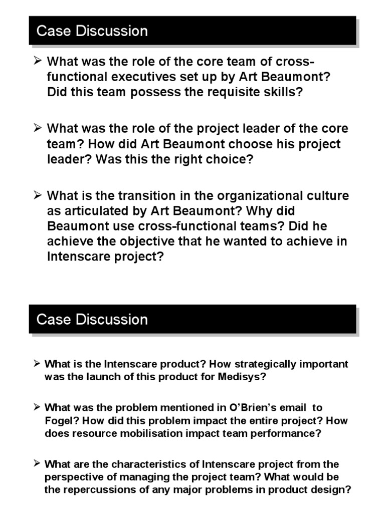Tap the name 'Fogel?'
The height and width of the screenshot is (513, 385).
point(60,421)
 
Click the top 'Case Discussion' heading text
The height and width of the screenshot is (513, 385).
point(92,31)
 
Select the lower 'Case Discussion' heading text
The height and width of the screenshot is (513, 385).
point(92,320)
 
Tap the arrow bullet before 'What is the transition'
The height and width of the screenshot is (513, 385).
point(37,194)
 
